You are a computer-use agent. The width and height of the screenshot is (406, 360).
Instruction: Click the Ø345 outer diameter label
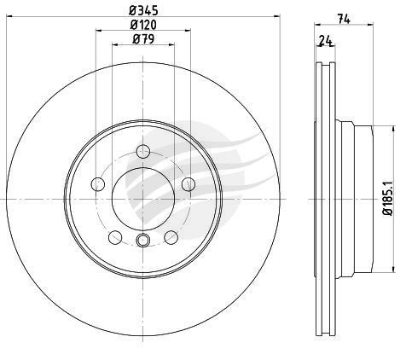coord(143,11)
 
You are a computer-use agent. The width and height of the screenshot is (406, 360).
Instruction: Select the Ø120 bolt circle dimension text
coord(143,25)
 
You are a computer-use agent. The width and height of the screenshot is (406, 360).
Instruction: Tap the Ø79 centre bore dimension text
coord(143,39)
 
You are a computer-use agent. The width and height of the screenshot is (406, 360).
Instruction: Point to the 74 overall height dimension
coord(344,19)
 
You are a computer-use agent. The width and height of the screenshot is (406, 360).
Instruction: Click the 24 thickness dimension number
coord(326,41)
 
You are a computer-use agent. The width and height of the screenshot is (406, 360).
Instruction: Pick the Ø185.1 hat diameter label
coord(388,198)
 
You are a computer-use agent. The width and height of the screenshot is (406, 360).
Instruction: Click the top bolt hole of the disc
coord(143,151)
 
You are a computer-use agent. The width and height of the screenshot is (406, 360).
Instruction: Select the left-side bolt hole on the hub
coord(98,184)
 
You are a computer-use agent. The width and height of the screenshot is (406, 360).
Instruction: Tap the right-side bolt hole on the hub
coord(188,184)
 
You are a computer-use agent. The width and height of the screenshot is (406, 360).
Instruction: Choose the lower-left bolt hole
coord(115,237)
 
